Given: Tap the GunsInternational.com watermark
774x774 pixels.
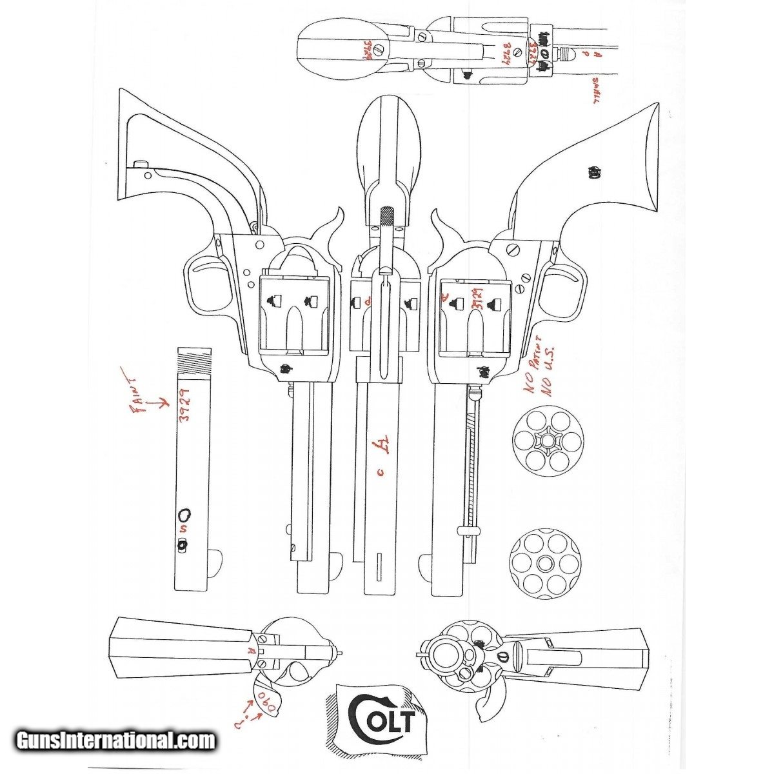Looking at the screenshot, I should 116,740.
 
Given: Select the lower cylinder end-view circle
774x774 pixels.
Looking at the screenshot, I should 545,564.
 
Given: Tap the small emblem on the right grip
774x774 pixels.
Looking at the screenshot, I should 594,172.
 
